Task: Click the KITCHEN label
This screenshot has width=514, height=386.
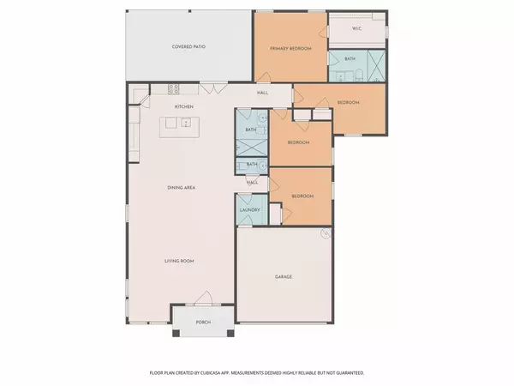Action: pyautogui.click(x=183, y=106)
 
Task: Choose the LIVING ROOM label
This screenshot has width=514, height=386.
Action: pyautogui.click(x=182, y=260)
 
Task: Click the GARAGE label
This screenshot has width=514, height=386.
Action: pyautogui.click(x=284, y=277)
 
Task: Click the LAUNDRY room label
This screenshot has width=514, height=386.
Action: pyautogui.click(x=249, y=209)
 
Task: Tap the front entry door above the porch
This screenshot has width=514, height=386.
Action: pyautogui.click(x=202, y=299)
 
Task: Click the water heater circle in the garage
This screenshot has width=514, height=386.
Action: pyautogui.click(x=326, y=232)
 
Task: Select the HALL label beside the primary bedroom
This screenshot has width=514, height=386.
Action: pyautogui.click(x=263, y=93)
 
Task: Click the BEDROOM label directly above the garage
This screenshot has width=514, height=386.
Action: pyautogui.click(x=302, y=196)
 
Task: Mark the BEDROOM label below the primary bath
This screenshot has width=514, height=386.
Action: pyautogui.click(x=348, y=102)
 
